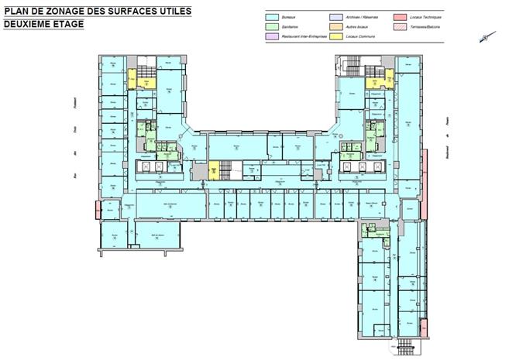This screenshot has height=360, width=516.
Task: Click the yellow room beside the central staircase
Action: [x=213, y=170]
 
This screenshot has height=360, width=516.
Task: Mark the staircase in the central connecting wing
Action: [x=226, y=170]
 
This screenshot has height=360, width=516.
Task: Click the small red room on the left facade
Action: [x=97, y=209]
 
